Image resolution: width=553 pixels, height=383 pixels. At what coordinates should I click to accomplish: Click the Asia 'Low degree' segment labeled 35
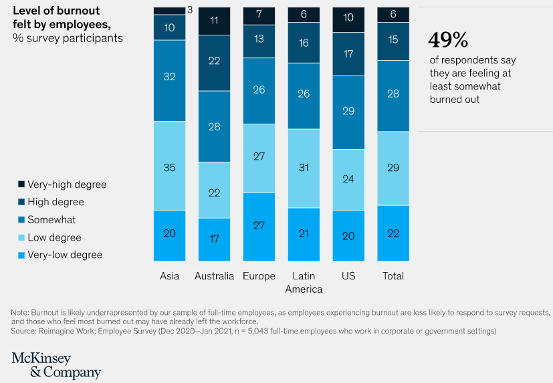(169, 168)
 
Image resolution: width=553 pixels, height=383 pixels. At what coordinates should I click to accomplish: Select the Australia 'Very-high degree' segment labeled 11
(214, 21)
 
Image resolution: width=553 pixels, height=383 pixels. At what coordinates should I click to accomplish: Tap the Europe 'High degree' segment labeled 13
(259, 39)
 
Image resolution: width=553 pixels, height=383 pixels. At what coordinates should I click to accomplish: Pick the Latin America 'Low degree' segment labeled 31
(304, 168)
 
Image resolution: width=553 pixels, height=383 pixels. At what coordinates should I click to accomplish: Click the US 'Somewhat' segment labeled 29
(348, 111)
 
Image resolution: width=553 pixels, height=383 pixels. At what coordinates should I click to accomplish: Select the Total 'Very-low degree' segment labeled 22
(393, 233)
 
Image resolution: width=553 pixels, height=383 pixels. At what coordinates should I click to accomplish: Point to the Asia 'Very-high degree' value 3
(189, 10)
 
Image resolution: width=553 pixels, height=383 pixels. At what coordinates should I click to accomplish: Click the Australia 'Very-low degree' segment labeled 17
(214, 238)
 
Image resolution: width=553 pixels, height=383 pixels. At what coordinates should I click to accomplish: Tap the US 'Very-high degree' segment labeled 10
(348, 19)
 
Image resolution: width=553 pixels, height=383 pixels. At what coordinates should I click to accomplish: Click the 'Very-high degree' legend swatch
(21, 184)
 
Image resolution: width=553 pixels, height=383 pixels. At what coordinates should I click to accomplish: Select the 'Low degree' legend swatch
(21, 237)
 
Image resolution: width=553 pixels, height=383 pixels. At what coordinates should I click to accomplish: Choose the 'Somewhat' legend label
(51, 220)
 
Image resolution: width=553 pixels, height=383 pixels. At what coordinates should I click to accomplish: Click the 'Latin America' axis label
(304, 283)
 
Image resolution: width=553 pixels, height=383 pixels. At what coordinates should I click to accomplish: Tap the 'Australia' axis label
(214, 276)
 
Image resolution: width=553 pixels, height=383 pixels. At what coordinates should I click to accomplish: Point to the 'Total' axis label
(393, 276)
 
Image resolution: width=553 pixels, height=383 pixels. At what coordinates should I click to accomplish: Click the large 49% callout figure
(448, 40)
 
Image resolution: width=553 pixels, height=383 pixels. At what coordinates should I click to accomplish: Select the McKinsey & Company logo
(56, 366)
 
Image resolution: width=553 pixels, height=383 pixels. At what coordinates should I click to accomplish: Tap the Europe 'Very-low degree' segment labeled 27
(259, 226)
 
